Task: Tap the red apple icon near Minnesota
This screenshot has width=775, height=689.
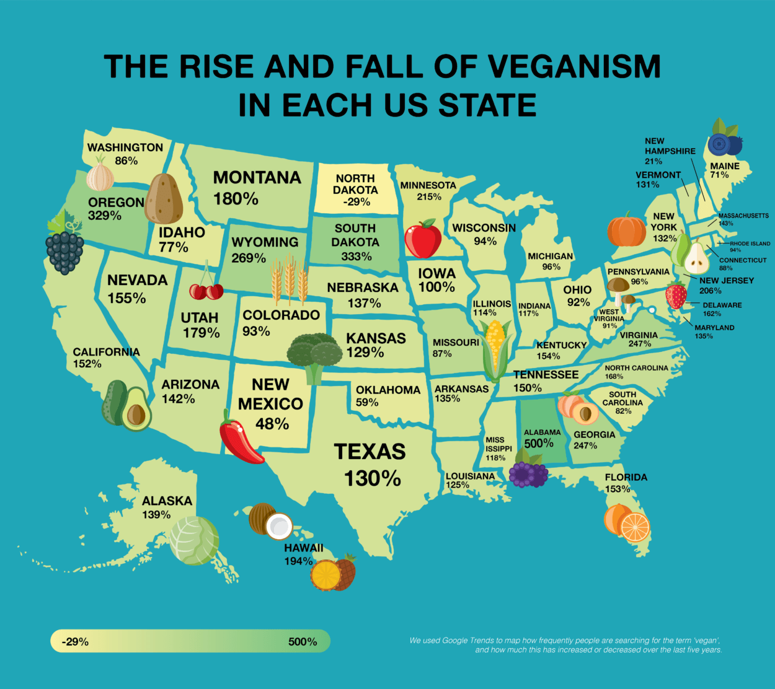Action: pos(422,240)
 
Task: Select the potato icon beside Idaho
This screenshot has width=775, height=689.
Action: pos(164,199)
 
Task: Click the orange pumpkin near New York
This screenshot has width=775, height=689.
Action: pos(626,230)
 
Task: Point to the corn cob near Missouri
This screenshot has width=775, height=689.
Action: pos(497,349)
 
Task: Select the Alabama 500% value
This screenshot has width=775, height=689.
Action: pos(539,444)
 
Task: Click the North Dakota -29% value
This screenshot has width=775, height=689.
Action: pos(356,202)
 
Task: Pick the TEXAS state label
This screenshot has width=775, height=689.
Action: pos(370,452)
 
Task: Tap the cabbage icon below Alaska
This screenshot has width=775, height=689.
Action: pos(194,540)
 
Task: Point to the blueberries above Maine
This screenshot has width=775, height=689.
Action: pos(724,143)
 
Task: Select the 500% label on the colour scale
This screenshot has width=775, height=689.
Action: pos(303,642)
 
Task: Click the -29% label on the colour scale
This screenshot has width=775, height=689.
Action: pos(75,642)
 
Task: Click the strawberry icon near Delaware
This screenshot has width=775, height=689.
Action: pos(676,296)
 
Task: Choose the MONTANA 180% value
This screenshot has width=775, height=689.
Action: pos(236,199)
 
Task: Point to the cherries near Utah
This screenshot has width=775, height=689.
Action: pos(206,290)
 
